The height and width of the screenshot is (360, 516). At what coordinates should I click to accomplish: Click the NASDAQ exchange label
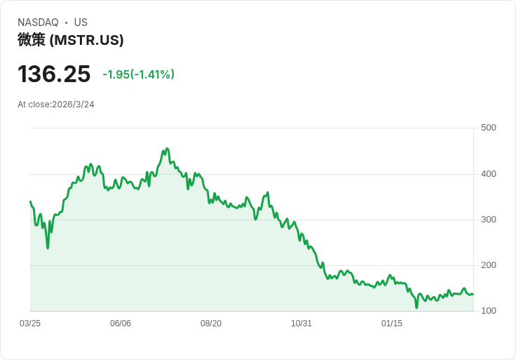point(38,22)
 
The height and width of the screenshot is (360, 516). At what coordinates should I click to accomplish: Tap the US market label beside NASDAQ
point(81,22)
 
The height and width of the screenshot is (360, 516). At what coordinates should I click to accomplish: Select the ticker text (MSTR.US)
point(87,40)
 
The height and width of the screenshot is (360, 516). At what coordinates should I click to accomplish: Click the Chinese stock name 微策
point(32,40)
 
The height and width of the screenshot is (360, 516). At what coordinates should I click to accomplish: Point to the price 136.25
point(54,74)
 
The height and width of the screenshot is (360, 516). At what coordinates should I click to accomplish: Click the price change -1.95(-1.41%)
point(138,74)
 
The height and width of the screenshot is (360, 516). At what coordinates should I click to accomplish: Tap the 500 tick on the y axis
point(488,128)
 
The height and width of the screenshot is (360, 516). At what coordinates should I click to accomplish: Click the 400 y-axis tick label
point(488,174)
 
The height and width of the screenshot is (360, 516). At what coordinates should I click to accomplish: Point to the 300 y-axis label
point(488,220)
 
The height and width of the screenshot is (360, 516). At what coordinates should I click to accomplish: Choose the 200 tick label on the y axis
point(488,265)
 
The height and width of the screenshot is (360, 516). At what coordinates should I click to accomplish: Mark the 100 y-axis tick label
point(488,311)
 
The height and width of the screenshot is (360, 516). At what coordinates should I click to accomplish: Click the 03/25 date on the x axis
point(30,324)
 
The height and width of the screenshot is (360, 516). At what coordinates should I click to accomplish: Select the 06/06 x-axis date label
point(121,324)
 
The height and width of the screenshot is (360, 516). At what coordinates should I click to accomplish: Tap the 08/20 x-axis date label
point(211,324)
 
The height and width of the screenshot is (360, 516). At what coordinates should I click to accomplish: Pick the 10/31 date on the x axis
point(301,324)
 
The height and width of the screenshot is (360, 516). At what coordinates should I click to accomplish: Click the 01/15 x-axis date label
point(392,324)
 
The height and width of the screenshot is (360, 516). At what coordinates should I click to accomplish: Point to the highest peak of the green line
point(166,149)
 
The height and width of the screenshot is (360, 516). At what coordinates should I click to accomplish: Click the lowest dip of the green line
point(416,307)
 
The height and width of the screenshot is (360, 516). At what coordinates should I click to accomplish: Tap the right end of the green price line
point(473,294)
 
